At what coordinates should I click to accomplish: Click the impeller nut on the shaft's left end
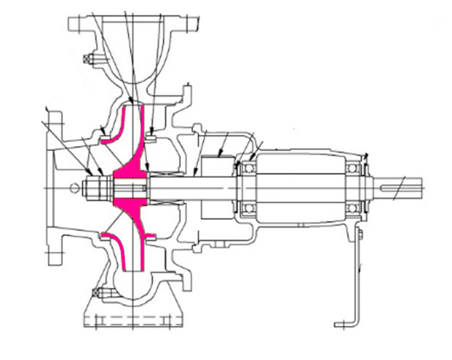[x=95, y=188]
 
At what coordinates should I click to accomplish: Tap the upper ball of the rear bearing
[x=353, y=169]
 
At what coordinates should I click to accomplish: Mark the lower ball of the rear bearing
[x=353, y=208]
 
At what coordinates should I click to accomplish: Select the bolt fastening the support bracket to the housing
[x=359, y=236]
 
